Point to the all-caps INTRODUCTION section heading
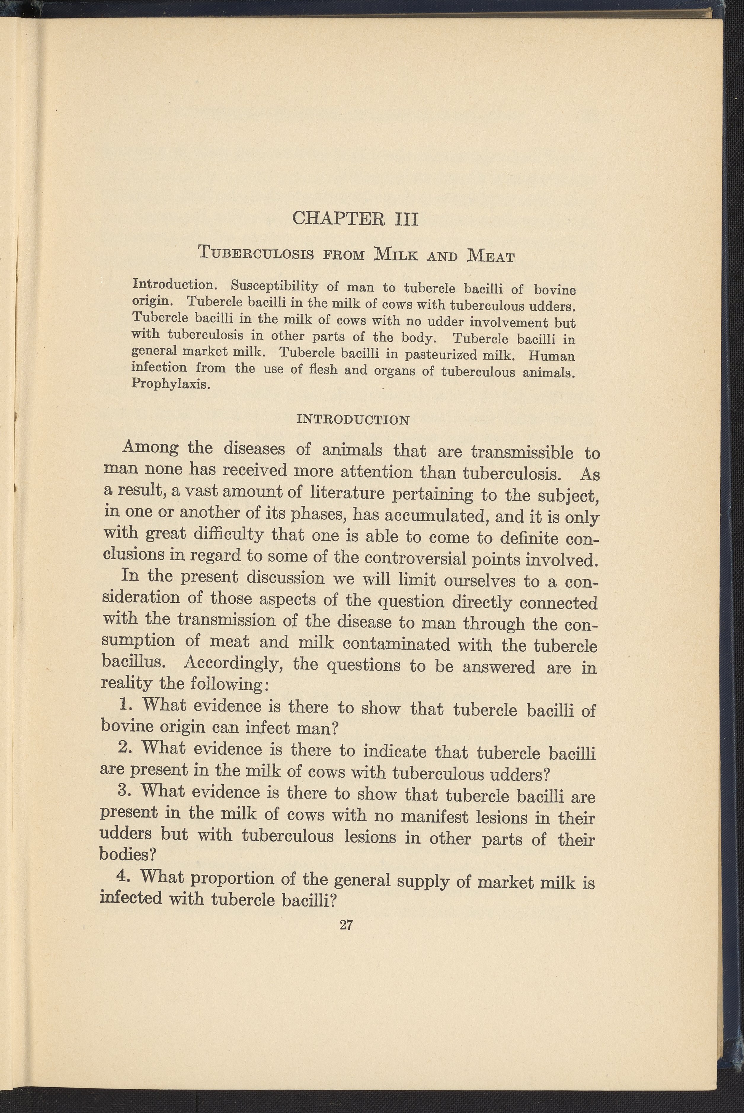click(352, 420)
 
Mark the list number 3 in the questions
click(123, 790)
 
